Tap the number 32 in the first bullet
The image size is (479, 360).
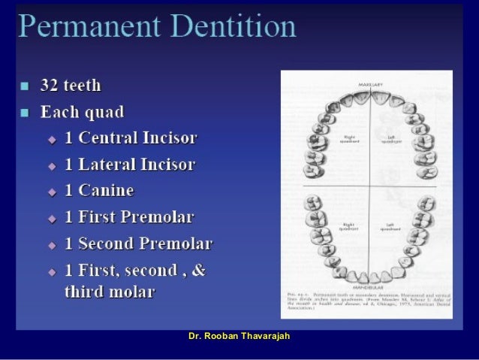(x=59, y=86)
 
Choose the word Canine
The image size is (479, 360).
(x=106, y=191)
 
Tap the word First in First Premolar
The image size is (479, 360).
(x=97, y=217)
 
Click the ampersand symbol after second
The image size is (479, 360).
(x=197, y=271)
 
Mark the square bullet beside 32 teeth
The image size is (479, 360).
(x=26, y=86)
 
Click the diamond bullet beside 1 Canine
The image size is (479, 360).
(x=52, y=192)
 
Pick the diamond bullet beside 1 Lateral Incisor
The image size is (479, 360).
(x=52, y=165)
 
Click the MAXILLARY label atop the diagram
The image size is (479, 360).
(x=372, y=83)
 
